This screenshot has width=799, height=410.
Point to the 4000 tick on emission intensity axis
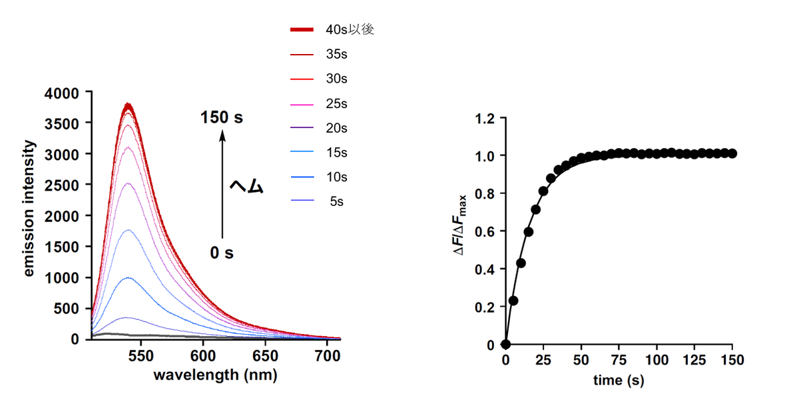point(62,93)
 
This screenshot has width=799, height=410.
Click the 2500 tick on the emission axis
point(62,185)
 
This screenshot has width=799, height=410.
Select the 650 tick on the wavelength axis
point(266,356)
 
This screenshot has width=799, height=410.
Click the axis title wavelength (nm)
point(215,375)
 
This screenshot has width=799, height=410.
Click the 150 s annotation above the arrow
point(222,118)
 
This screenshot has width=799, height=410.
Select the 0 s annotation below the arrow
point(222,253)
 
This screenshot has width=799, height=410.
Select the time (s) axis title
point(619,381)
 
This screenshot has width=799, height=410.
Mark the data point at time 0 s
point(505,345)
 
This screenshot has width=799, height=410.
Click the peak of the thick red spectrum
point(128,105)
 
